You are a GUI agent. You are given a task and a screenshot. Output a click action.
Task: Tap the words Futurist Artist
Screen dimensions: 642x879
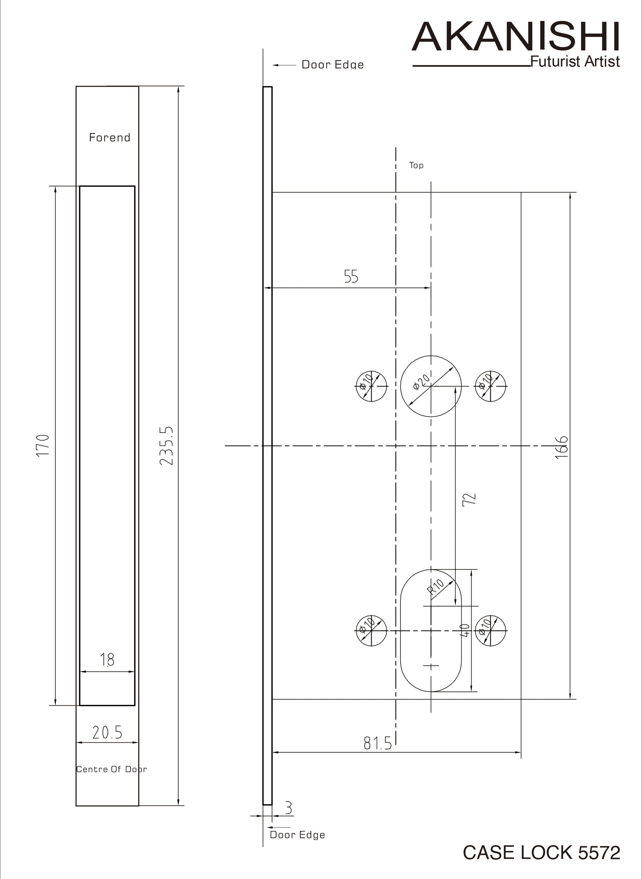[x=575, y=61]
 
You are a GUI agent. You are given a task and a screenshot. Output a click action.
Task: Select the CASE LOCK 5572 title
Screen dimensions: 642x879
[x=542, y=853]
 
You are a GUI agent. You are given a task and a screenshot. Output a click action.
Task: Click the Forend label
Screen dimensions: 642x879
[x=110, y=138]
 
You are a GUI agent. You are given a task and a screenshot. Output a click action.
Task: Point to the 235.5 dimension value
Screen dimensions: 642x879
[x=167, y=446]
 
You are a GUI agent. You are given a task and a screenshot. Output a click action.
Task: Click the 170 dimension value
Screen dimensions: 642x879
[x=43, y=445]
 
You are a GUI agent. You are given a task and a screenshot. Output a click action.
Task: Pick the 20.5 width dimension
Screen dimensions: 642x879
[x=107, y=733]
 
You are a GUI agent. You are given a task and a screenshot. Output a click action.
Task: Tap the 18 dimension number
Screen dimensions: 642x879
[x=107, y=660]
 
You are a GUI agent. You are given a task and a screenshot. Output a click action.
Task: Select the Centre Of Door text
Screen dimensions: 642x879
[x=112, y=769]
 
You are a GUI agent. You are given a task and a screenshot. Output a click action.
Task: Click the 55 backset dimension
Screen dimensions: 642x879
[x=351, y=276]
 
